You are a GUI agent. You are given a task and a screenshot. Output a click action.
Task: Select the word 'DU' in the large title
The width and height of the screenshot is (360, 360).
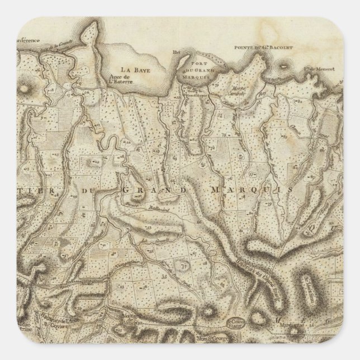[x=89, y=191]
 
